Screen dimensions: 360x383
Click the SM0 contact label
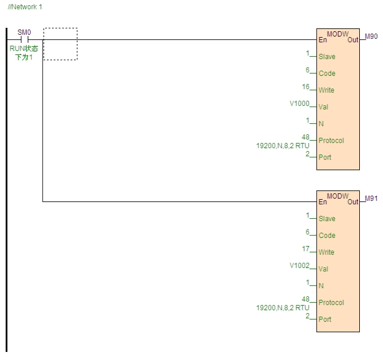[x=24, y=33]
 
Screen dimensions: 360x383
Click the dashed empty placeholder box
[x=60, y=44]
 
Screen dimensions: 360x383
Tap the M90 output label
[x=371, y=36]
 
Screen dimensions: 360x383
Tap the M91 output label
[x=371, y=199]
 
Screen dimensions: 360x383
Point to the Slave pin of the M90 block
[x=327, y=57]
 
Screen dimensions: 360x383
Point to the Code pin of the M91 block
[x=327, y=236]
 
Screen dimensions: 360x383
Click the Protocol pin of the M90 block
[x=331, y=141]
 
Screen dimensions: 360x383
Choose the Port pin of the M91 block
[x=325, y=319]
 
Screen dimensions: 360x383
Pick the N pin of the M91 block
[x=321, y=286]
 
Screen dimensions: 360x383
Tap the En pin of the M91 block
[x=322, y=202]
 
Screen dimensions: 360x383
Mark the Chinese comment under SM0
[x=24, y=52]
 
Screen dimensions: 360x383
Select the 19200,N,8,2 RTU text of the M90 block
[x=279, y=146]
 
